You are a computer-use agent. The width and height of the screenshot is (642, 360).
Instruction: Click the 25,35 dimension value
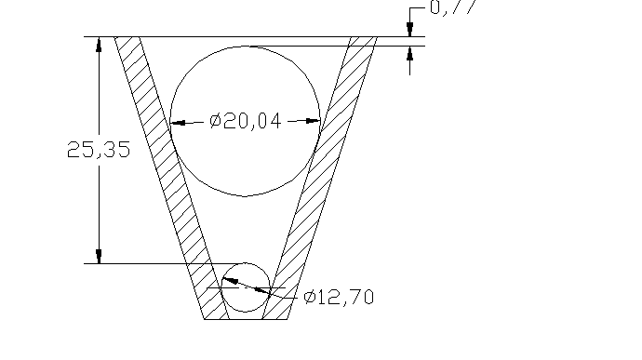coord(98,150)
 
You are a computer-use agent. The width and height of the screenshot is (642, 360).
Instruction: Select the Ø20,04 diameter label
coord(246,121)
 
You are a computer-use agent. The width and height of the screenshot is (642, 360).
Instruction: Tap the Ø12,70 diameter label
coord(340,298)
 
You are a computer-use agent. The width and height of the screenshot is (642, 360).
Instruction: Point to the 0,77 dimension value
coord(450,8)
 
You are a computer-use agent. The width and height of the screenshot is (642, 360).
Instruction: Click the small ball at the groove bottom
coord(246,287)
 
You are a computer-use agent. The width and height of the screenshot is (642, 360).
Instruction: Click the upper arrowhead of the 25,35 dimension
coord(98,44)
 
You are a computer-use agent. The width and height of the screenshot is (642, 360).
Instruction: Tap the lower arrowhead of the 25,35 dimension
coord(98,256)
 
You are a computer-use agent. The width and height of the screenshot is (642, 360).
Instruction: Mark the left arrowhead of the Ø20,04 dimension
coord(179,121)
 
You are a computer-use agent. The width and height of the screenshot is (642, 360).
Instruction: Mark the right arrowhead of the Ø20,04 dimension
coord(313,121)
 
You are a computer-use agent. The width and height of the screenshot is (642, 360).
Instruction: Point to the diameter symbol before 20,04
coord(214,121)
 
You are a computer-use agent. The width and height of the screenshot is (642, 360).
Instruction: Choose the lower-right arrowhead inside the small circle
coord(262,292)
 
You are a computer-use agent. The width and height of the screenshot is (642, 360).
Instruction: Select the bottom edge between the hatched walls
coord(246,319)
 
